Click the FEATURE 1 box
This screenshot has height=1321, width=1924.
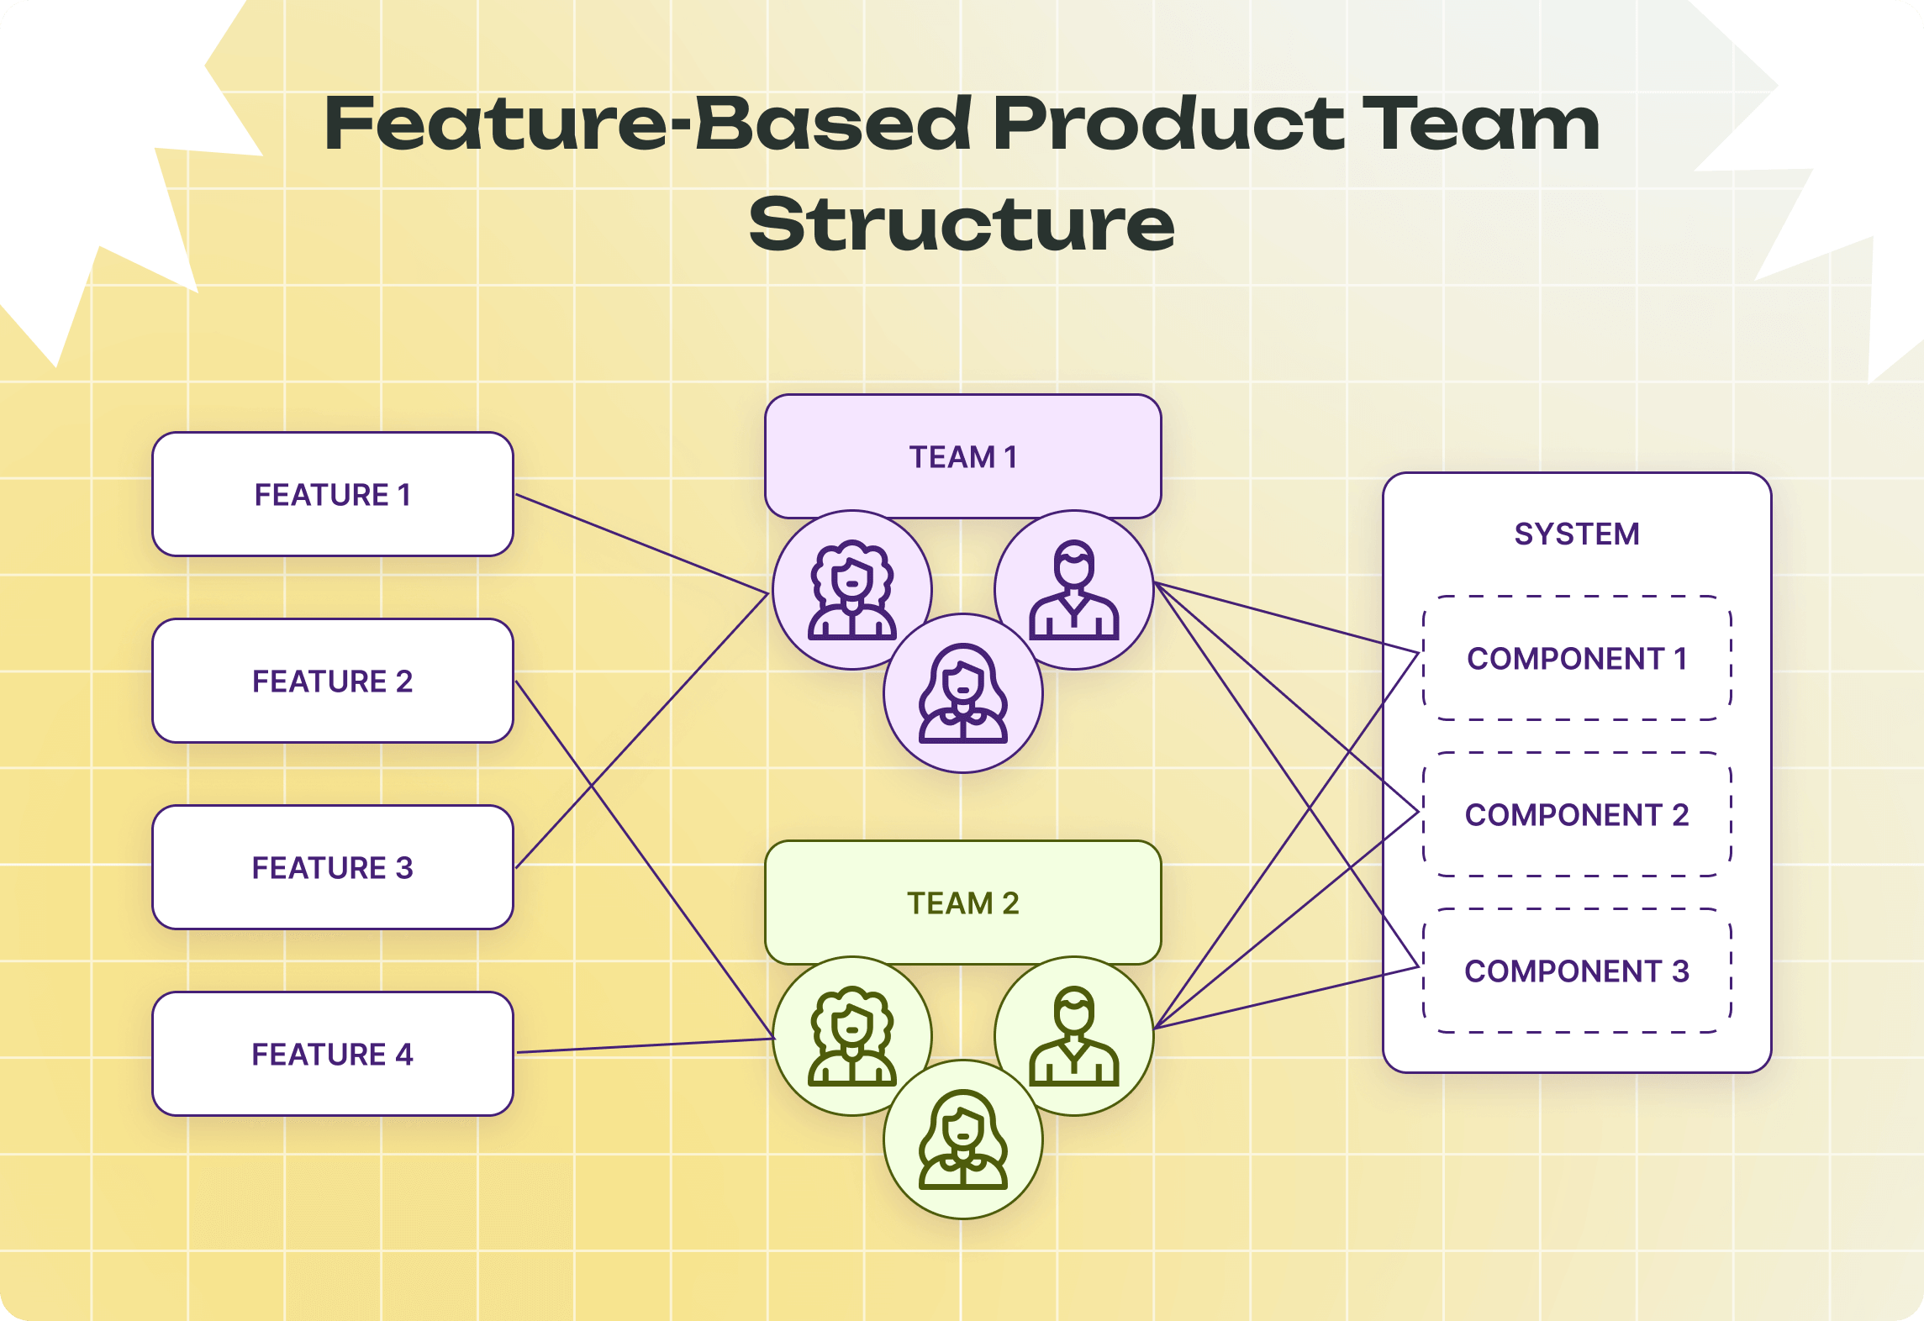click(x=332, y=494)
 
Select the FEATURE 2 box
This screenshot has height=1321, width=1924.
click(x=332, y=681)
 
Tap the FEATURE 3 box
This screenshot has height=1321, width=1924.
click(x=332, y=867)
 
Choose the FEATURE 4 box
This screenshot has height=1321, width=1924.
click(x=332, y=1054)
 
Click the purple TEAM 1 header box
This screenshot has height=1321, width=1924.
click(x=962, y=456)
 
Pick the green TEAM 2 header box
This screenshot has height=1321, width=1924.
click(x=962, y=903)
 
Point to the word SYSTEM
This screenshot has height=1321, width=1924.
click(x=1577, y=534)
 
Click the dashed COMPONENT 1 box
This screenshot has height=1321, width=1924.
click(x=1577, y=658)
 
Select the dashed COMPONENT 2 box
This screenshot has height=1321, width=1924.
click(x=1577, y=814)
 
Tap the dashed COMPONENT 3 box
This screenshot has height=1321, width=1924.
click(x=1577, y=971)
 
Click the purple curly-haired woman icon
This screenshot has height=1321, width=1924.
click(x=851, y=590)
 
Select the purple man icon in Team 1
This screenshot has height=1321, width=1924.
click(x=1073, y=590)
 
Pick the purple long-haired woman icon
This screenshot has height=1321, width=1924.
click(x=962, y=693)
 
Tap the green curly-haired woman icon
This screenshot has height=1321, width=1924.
click(x=851, y=1036)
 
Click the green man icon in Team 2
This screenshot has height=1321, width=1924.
click(x=1073, y=1036)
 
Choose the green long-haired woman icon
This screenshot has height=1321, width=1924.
click(x=962, y=1139)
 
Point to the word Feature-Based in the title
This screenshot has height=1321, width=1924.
click(x=647, y=124)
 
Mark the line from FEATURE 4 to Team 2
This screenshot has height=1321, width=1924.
click(x=646, y=1045)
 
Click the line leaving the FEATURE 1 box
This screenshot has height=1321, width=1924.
click(x=643, y=543)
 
